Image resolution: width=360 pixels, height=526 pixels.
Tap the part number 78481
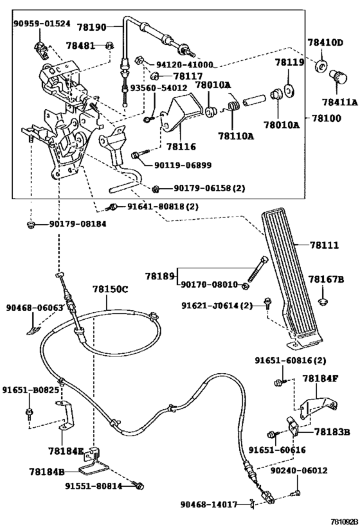[80, 46]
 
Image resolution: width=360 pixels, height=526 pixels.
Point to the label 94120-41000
[185, 66]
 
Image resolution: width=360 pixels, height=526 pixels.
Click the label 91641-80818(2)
[154, 207]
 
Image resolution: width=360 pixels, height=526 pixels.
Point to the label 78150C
[110, 290]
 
